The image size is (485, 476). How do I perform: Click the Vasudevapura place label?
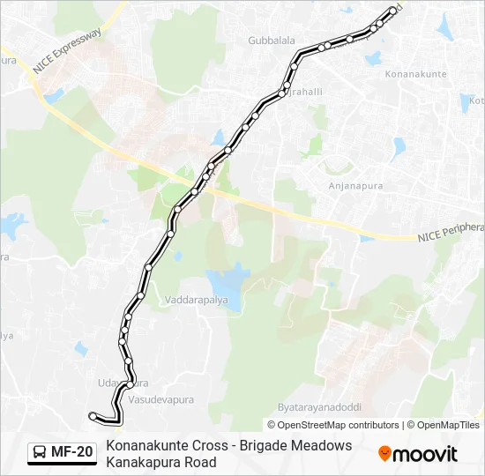[x=160, y=399]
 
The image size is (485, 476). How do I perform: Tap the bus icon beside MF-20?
[x=41, y=452]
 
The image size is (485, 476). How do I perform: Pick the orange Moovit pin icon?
[x=384, y=454]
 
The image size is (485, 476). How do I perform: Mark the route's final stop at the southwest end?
[x=93, y=415]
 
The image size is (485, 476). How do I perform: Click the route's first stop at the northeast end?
[x=392, y=11]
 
